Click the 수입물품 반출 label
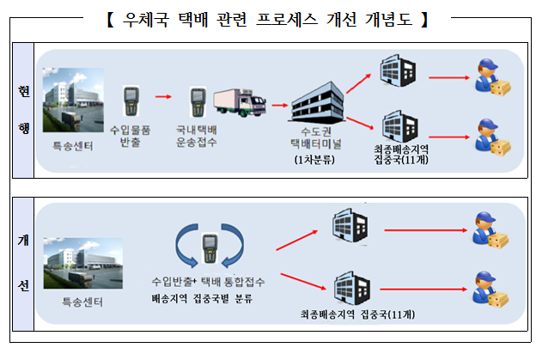click(x=131, y=135)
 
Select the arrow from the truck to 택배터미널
click(x=279, y=105)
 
